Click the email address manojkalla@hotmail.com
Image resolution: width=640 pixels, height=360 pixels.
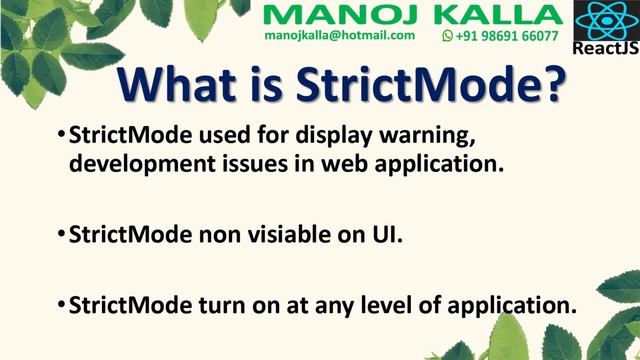[339, 35]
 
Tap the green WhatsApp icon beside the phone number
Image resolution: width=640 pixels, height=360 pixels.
[447, 36]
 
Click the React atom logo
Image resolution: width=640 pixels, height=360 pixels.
[605, 20]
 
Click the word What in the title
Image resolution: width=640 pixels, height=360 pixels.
[175, 89]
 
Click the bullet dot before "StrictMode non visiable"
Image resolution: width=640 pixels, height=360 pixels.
[61, 235]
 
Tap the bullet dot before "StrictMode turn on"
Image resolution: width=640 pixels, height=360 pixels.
[61, 305]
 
